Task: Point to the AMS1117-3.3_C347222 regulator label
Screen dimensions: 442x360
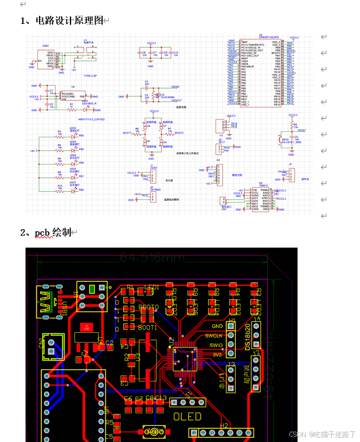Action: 92,118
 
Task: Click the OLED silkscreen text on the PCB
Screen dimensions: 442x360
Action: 187,417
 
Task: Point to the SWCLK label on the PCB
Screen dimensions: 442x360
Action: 213,336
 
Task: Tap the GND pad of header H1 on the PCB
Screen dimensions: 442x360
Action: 231,326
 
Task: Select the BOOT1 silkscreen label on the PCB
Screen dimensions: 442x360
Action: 148,328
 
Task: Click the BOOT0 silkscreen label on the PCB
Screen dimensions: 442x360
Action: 148,307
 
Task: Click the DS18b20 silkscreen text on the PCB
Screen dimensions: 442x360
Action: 248,337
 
